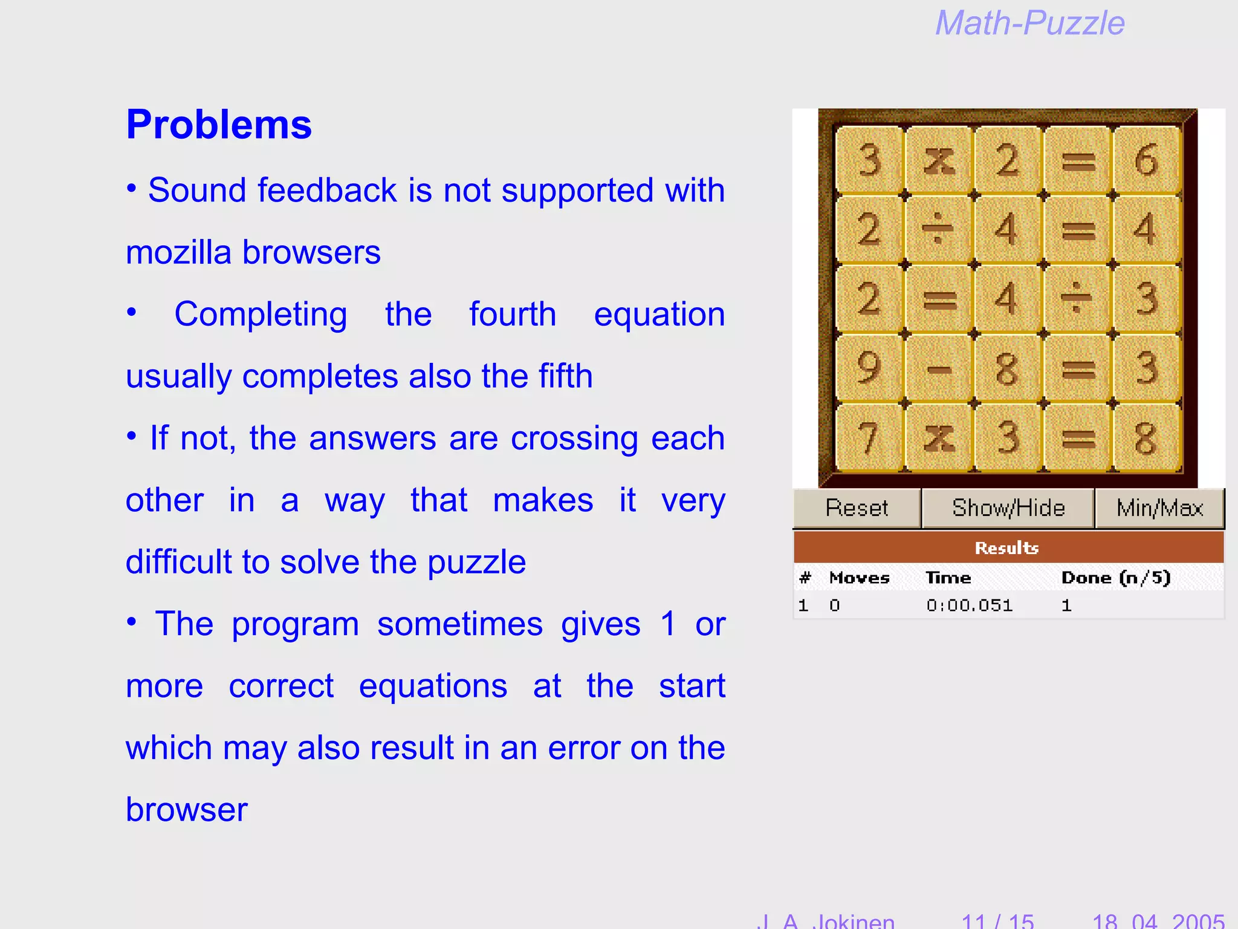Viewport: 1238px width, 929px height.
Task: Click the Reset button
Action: coord(857,508)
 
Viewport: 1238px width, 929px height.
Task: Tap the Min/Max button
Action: coord(1159,508)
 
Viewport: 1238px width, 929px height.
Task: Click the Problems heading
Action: coord(219,125)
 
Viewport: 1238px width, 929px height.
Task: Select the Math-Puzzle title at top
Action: coord(1029,24)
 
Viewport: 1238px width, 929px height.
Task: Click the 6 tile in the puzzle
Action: coord(1146,160)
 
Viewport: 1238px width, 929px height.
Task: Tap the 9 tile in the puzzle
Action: coord(869,367)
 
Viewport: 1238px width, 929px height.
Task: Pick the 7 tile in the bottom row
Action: coord(869,437)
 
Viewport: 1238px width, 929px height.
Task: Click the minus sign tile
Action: coord(939,367)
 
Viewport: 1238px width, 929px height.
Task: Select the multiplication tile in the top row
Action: coord(939,160)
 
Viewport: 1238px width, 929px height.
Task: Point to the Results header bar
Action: coord(1008,547)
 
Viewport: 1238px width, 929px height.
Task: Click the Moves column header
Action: coord(859,578)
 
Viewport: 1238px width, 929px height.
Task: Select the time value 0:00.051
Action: coord(969,605)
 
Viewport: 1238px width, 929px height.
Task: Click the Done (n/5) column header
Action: coord(1116,578)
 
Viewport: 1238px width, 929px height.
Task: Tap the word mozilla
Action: coord(178,252)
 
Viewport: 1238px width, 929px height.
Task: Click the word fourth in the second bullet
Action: coord(513,315)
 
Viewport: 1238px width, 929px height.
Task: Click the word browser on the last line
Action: coord(187,810)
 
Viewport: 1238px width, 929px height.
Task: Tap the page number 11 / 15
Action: coord(997,921)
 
